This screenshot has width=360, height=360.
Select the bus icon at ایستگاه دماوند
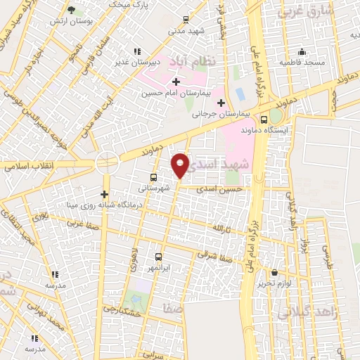(264, 120)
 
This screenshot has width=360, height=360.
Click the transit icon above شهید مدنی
(185, 20)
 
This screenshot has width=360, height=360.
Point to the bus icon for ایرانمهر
(158, 257)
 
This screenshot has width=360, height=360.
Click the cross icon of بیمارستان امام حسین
(176, 82)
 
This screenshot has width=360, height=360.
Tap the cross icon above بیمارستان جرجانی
(221, 103)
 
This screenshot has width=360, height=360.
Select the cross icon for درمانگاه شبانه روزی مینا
(105, 194)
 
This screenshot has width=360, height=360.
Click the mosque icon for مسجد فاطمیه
(302, 51)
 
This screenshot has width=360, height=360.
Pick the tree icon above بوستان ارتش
(71, 10)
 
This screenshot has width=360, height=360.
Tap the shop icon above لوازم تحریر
(274, 272)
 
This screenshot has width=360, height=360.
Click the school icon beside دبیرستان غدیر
(137, 51)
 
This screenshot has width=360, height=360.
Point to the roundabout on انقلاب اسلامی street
(108, 162)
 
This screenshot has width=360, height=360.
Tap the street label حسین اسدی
(220, 189)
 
